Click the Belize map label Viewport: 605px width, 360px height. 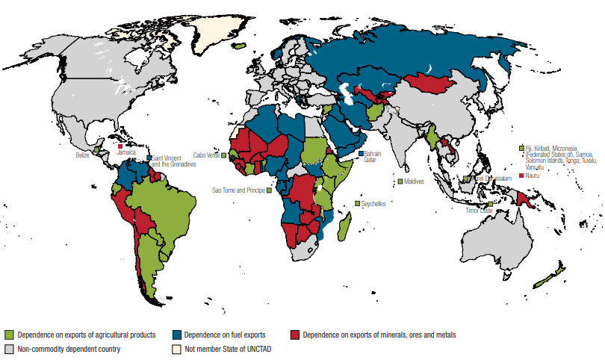click(x=83, y=155)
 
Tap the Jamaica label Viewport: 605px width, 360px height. click(x=127, y=152)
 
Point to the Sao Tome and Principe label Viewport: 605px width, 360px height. click(x=238, y=190)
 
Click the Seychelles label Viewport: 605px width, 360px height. click(x=374, y=203)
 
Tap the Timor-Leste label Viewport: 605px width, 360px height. click(x=477, y=211)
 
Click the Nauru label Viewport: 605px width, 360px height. click(x=533, y=176)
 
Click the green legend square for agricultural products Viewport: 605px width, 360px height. click(x=10, y=335)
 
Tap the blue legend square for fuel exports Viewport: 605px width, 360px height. click(x=176, y=335)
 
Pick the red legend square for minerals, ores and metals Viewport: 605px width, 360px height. click(x=295, y=335)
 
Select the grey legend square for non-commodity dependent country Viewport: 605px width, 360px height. click(x=10, y=349)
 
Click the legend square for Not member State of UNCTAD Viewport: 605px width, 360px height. click(x=176, y=349)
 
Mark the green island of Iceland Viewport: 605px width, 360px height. click(x=239, y=45)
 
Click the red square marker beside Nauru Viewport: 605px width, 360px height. click(x=521, y=176)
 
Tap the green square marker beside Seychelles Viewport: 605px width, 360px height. click(x=358, y=203)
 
